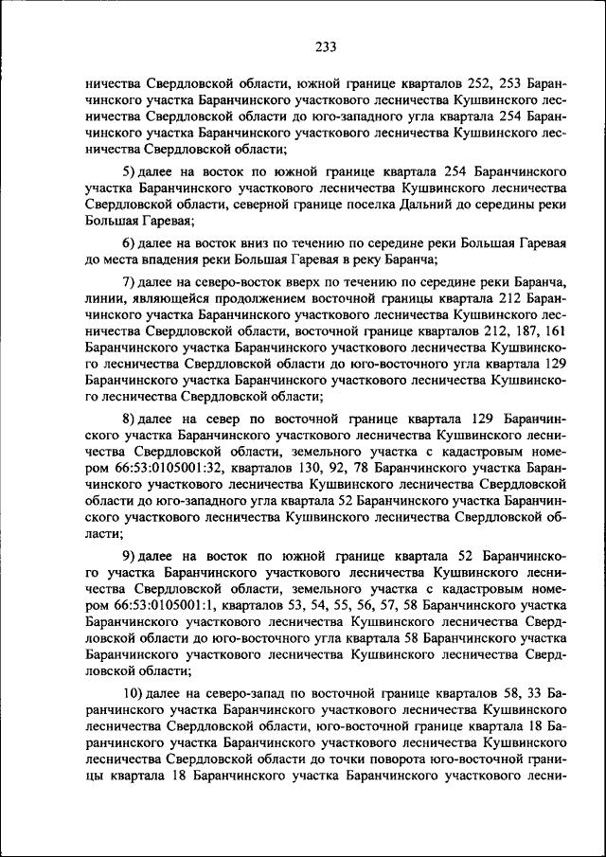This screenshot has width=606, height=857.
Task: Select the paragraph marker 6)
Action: click(133, 243)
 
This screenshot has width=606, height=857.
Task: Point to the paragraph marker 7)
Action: click(133, 282)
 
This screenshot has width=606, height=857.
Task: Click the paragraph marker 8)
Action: click(133, 417)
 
